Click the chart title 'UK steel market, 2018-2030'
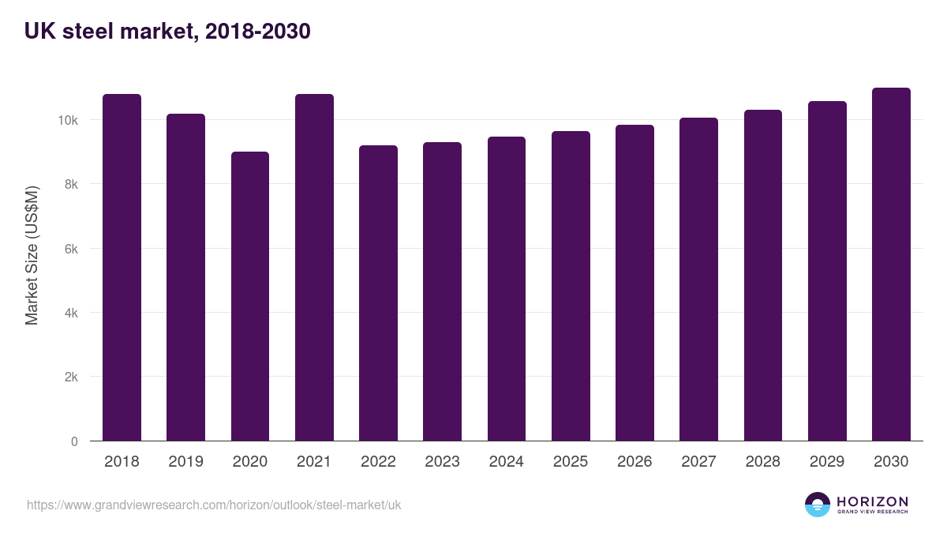167,32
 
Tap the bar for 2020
250,296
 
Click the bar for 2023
442,291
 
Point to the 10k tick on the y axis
68,120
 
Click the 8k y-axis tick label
71,184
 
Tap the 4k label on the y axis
71,313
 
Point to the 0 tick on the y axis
74,441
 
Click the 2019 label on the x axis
185,462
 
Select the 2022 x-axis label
378,462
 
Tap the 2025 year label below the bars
571,462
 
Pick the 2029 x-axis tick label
827,462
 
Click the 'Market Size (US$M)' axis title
32,254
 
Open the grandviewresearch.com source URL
214,505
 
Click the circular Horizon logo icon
818,505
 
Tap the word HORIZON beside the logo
872,501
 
